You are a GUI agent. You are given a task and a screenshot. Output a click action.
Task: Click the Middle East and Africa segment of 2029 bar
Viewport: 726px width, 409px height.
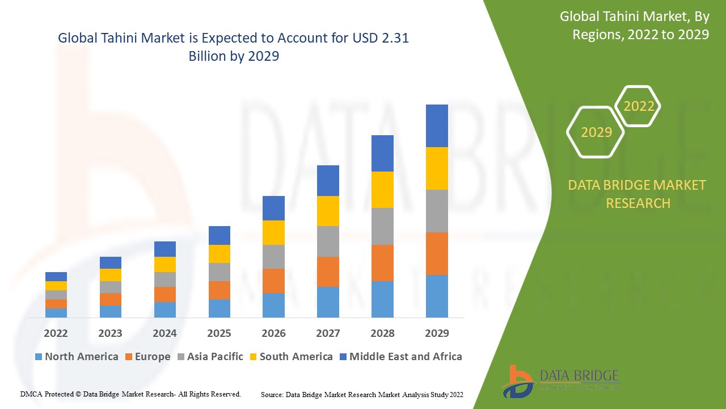tap(437, 126)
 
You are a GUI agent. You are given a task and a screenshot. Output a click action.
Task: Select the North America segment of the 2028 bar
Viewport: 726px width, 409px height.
tap(382, 299)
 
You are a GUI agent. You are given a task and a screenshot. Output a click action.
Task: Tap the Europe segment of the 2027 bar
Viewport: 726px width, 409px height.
tap(328, 272)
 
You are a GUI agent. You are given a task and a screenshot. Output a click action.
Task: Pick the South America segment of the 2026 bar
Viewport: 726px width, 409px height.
tap(273, 232)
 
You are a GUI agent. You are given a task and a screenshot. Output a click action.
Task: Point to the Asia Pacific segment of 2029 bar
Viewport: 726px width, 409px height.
tap(437, 211)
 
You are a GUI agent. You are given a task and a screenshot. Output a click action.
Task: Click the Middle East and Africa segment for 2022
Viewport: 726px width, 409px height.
tap(56, 277)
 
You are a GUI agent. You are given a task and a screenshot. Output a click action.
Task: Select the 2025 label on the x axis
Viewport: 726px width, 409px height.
tap(219, 333)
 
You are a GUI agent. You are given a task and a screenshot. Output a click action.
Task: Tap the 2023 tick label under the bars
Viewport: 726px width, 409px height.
tap(110, 333)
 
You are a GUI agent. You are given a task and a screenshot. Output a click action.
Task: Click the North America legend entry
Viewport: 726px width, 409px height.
tap(76, 357)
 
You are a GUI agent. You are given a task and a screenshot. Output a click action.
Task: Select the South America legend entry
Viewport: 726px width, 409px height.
tap(290, 357)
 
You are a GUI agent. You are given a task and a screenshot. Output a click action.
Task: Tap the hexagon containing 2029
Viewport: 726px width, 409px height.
tap(596, 132)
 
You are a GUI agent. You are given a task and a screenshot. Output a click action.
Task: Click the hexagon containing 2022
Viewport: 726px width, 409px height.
tap(639, 106)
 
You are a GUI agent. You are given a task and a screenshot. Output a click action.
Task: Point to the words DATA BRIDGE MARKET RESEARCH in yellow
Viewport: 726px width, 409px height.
tap(638, 194)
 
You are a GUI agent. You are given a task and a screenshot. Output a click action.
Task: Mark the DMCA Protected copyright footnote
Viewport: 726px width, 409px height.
tap(130, 394)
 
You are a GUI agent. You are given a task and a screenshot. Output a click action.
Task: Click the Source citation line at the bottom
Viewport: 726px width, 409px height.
tap(362, 394)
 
